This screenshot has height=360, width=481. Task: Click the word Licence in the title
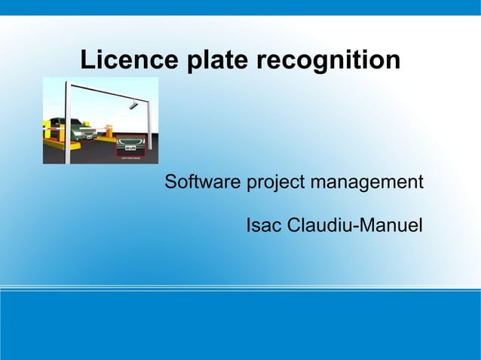124,59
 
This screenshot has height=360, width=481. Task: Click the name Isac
264,225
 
